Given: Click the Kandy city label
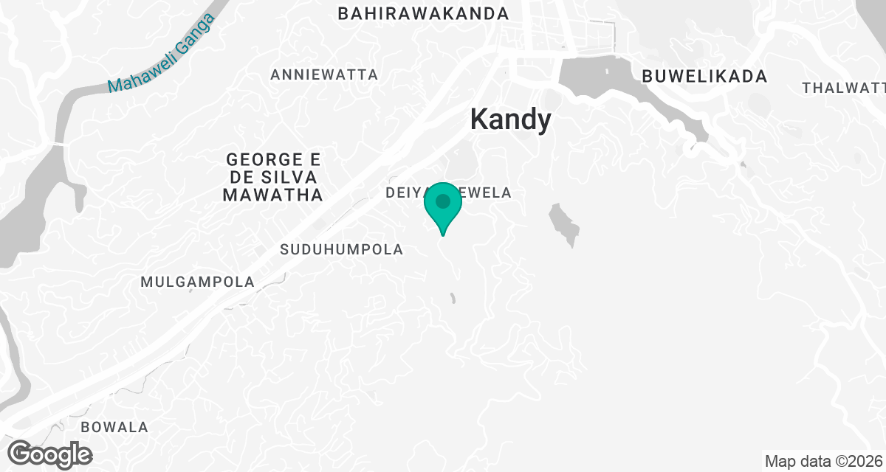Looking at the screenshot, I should (511, 120).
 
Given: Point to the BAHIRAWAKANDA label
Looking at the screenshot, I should (423, 14).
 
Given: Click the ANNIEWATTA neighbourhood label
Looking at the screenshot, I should (324, 74).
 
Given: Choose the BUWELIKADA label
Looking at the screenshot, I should (704, 76).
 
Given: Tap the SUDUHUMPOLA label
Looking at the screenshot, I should (342, 250).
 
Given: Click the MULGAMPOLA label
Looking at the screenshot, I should (197, 282).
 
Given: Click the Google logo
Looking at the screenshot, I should (50, 454).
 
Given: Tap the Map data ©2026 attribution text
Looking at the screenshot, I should (823, 462).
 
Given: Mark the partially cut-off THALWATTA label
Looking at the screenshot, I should (843, 88).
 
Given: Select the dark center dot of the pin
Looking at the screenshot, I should (443, 201).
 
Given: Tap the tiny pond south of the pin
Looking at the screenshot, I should (453, 298).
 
